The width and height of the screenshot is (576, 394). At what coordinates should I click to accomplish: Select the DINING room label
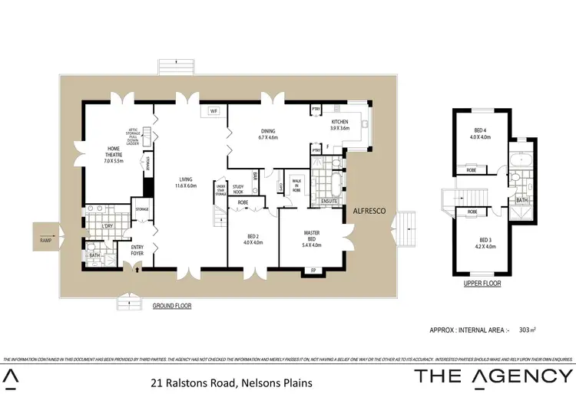[x=267, y=134]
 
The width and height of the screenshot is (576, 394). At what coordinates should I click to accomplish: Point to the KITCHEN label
[x=339, y=125]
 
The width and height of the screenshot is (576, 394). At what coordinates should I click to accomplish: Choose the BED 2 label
[x=253, y=239]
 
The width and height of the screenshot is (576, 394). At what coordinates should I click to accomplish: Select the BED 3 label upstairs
[x=481, y=244]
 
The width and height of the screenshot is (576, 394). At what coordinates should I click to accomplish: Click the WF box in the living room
[x=214, y=113]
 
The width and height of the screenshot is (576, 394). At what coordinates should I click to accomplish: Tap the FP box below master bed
[x=313, y=271]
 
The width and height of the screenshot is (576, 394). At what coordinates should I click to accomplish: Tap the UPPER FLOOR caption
[x=482, y=284]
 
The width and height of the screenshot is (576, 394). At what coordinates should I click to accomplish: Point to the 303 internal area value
[x=527, y=330]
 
